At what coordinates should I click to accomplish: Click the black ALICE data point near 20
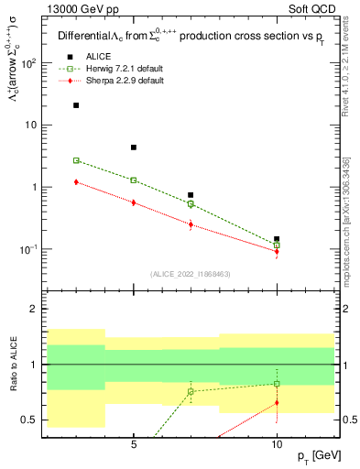76,105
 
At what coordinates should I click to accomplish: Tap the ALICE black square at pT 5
134,147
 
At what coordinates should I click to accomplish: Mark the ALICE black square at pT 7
191,195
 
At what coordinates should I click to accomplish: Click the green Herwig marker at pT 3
76,160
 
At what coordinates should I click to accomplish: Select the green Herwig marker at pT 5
134,180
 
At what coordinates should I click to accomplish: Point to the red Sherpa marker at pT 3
76,182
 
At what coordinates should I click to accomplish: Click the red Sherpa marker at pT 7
191,224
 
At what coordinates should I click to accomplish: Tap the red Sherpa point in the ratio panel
277,402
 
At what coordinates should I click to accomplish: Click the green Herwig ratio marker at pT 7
191,391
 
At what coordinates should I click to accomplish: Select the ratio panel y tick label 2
34,310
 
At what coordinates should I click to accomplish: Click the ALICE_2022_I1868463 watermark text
190,274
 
